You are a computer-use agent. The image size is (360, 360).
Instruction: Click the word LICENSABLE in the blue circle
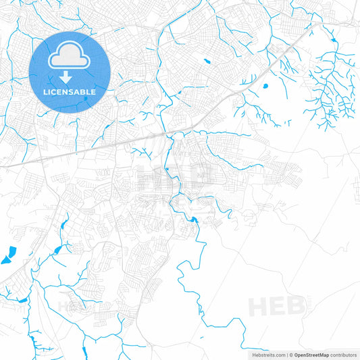click(70, 91)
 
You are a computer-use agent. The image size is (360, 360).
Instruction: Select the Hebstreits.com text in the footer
click(269, 354)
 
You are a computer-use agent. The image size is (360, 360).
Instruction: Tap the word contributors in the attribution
click(344, 354)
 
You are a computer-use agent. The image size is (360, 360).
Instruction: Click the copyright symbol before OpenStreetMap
click(291, 354)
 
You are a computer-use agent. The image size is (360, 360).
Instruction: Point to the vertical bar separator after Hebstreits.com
click(286, 354)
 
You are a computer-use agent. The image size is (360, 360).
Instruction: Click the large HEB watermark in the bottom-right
click(277, 307)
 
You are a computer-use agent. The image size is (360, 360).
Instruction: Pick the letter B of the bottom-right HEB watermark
click(295, 307)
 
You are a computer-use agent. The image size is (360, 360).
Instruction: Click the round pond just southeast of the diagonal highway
click(263, 86)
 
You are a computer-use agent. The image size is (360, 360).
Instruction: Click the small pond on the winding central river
click(194, 219)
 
